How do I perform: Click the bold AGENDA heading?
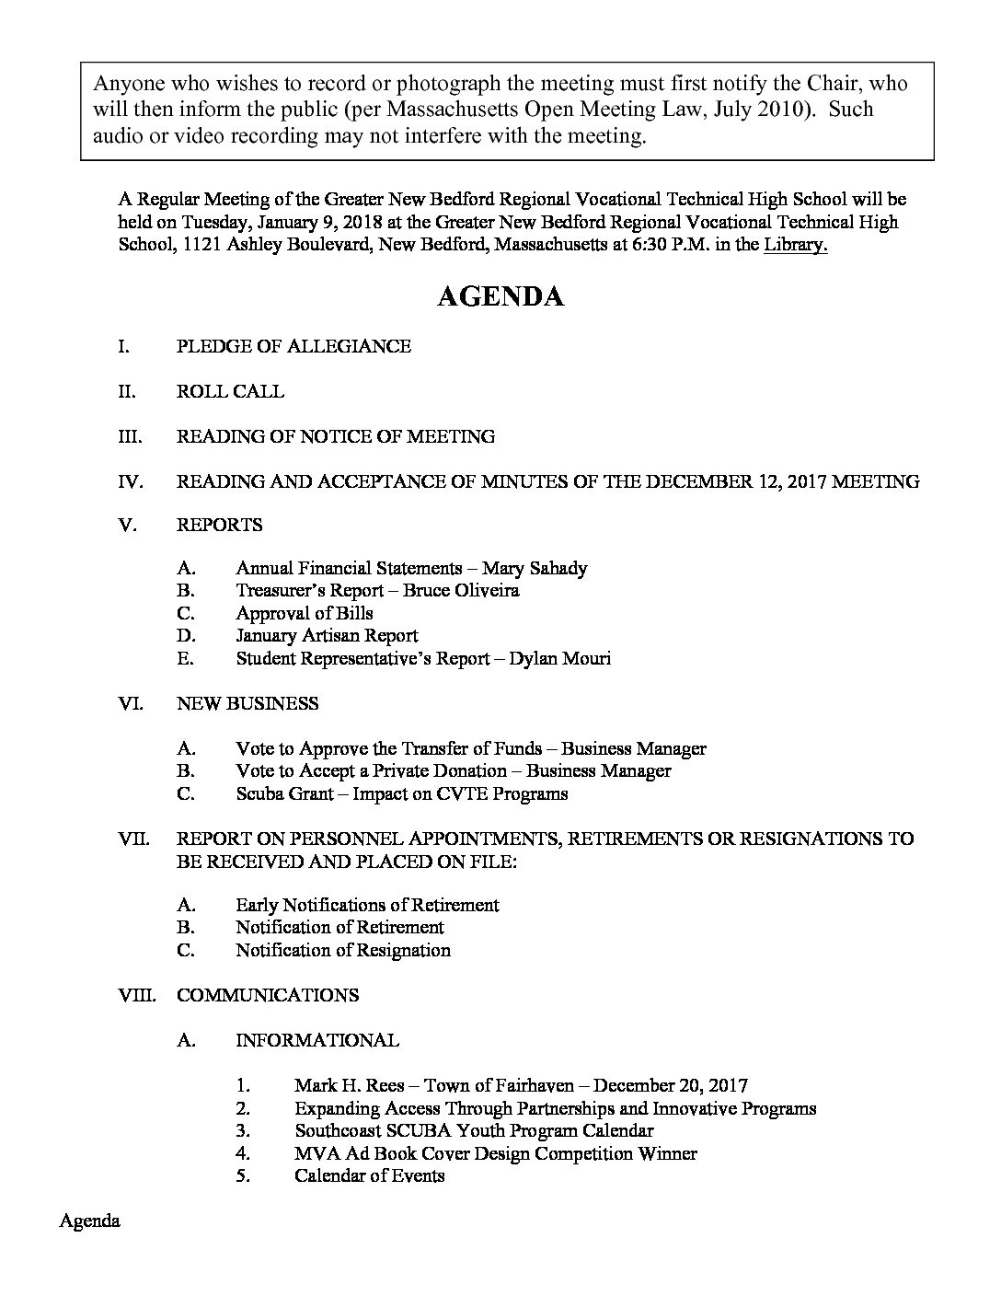point(500,296)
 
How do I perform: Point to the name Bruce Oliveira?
point(461,590)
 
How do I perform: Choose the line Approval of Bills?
point(304,613)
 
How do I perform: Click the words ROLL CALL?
point(230,391)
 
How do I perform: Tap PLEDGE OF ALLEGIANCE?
point(293,346)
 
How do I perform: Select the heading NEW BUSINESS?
point(247,703)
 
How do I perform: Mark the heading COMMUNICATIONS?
point(267,995)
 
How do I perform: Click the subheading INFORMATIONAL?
point(317,1040)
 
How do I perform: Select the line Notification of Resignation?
point(343,950)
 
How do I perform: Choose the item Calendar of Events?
point(369,1175)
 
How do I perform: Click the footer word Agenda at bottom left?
point(90,1221)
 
